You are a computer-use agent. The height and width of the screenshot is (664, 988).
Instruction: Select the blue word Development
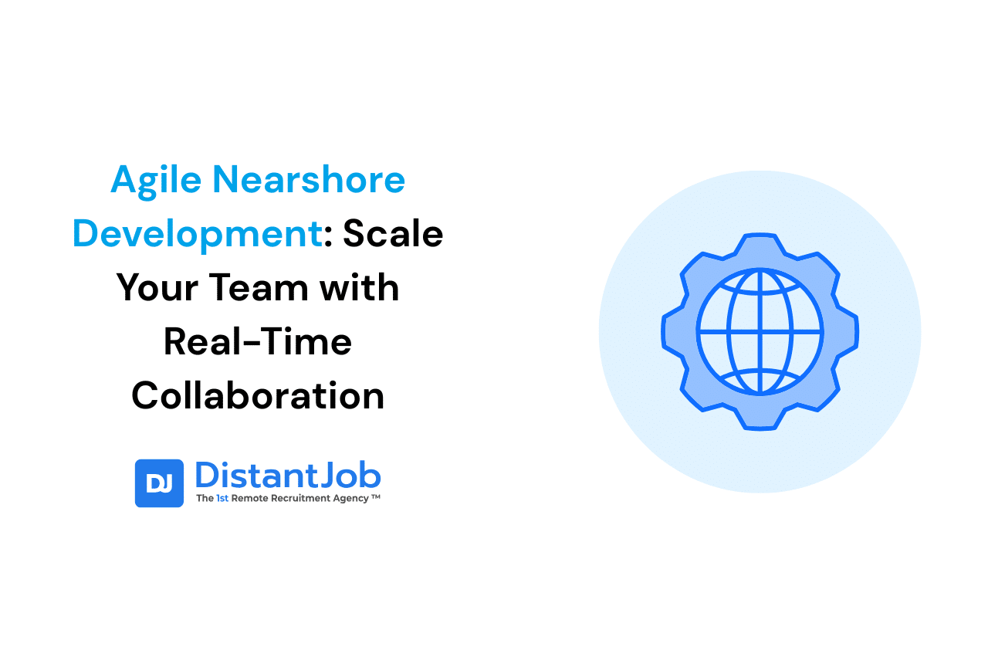coord(198,235)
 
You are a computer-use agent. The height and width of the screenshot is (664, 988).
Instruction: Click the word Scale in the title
coord(393,234)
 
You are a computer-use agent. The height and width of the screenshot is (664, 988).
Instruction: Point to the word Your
coord(157,288)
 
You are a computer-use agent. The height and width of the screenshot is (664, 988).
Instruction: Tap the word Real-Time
coord(258,342)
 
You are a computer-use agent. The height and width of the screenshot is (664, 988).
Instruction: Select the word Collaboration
coord(258,396)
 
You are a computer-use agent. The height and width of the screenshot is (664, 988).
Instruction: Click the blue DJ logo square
coord(159,483)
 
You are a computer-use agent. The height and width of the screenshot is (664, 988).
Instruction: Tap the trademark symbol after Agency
coord(376,498)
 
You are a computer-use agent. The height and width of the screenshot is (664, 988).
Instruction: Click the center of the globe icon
coord(760,331)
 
